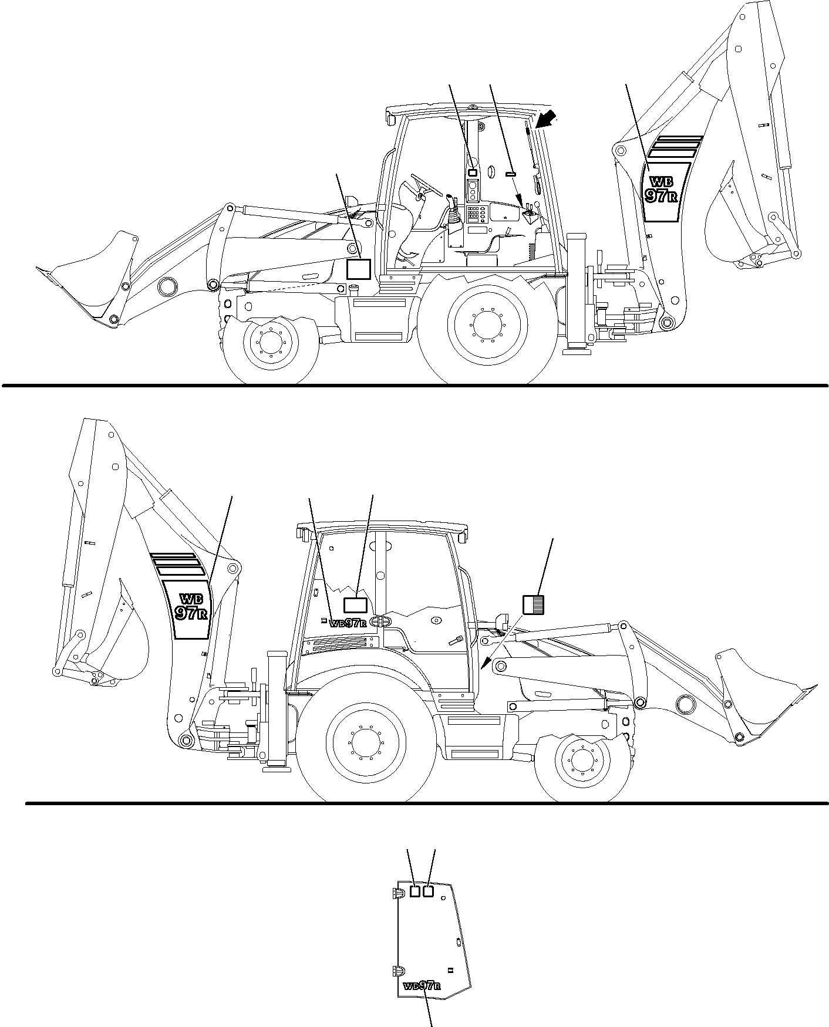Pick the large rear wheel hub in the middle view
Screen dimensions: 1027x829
[x=366, y=741]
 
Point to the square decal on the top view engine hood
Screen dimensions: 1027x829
[x=358, y=269]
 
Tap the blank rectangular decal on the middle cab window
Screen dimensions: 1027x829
[x=355, y=606]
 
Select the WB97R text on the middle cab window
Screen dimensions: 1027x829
[x=348, y=624]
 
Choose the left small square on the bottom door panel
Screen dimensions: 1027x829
[x=415, y=908]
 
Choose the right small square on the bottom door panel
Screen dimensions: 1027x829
[x=428, y=908]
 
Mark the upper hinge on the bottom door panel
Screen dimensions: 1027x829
[x=396, y=909]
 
